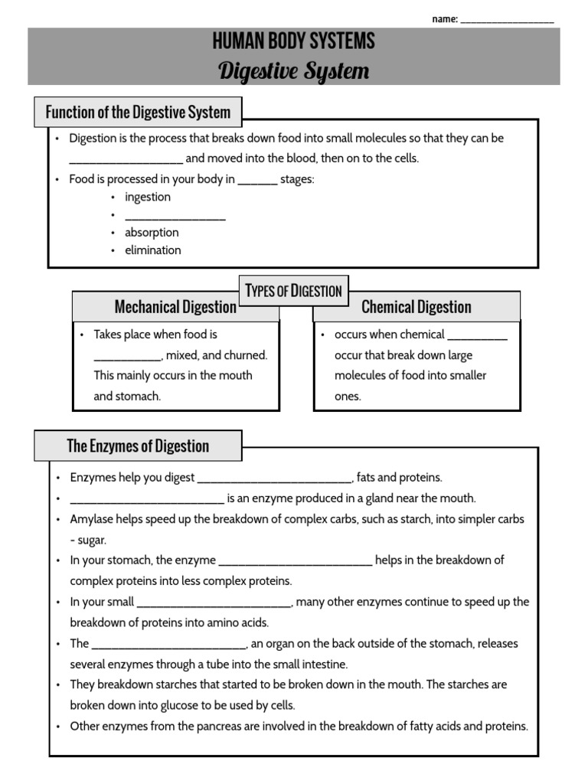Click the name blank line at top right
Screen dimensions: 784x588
point(507,21)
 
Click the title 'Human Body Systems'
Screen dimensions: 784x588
point(294,41)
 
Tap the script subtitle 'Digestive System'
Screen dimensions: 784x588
point(294,71)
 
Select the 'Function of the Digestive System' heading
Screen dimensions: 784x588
point(138,113)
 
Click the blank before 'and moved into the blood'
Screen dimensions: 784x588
point(126,160)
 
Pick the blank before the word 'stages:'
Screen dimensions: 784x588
point(257,181)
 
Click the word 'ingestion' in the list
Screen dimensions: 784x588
point(148,197)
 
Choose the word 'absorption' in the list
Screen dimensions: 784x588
point(152,232)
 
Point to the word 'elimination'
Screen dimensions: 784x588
point(153,250)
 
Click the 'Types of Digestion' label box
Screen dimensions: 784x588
point(294,291)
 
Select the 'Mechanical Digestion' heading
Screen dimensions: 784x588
point(175,307)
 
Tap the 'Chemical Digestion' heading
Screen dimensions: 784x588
point(416,307)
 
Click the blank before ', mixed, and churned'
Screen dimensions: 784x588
point(127,356)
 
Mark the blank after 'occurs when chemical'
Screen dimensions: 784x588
point(477,335)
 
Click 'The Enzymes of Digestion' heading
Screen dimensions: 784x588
point(138,446)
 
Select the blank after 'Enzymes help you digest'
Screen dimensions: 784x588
point(274,479)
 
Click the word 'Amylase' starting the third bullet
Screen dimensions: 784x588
point(90,519)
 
